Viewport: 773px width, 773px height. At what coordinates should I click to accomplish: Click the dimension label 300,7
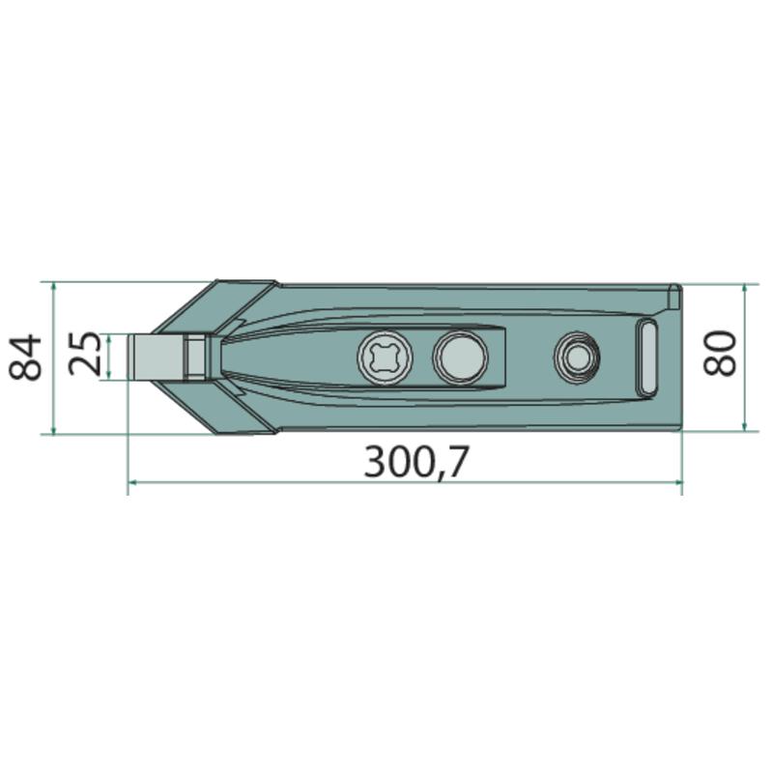[x=416, y=462]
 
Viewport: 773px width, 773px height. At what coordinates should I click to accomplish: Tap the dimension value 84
[x=25, y=357]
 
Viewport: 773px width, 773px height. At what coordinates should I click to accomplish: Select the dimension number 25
[x=85, y=354]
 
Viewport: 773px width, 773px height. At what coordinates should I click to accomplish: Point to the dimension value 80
[x=719, y=353]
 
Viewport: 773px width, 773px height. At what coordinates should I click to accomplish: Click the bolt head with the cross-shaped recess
[x=385, y=357]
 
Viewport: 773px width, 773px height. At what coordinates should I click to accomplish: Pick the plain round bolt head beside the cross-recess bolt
[x=460, y=357]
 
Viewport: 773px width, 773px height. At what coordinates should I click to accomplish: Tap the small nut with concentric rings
[x=576, y=357]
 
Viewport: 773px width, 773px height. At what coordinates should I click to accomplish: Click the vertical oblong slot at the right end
[x=646, y=357]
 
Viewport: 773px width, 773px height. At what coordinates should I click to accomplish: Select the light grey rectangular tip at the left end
[x=157, y=357]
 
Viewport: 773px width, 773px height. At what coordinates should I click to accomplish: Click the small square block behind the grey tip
[x=196, y=357]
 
